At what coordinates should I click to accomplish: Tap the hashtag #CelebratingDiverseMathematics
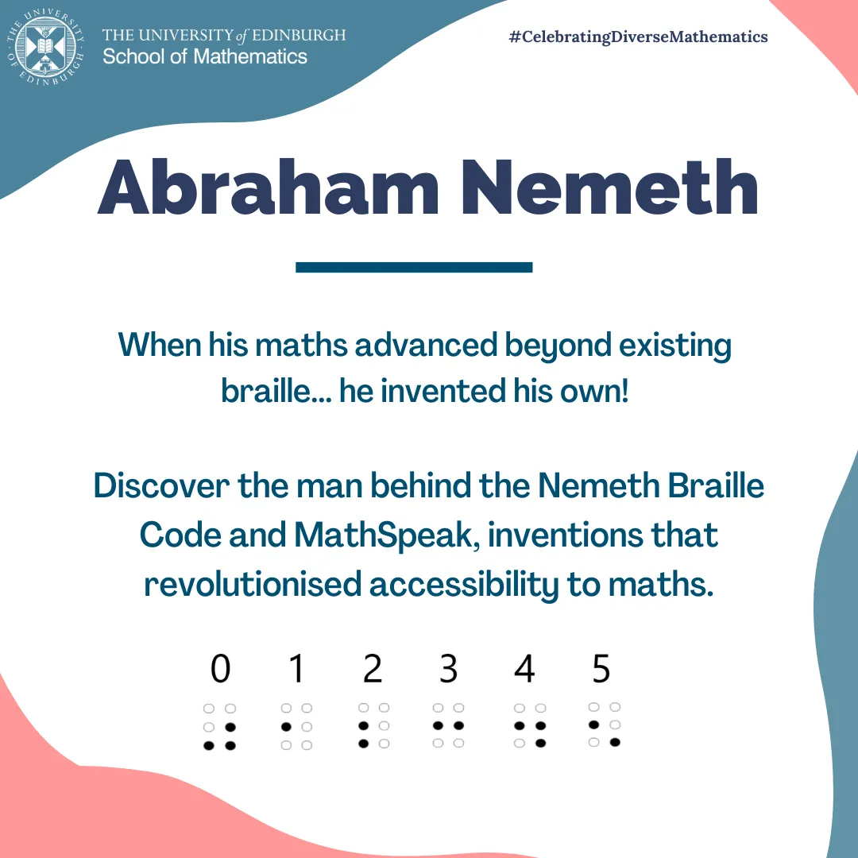tap(638, 37)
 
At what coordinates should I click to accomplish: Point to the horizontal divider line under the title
tap(413, 268)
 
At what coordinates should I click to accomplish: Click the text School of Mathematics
tap(205, 57)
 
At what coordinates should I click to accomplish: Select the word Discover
tap(160, 485)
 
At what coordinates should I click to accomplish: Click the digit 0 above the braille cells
tap(220, 670)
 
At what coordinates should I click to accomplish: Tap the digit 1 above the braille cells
tap(297, 670)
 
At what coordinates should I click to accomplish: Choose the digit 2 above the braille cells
tap(373, 670)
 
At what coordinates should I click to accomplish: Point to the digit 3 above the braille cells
tap(448, 670)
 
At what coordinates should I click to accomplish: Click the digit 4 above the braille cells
tap(524, 670)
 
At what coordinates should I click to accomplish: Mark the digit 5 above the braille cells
tap(601, 670)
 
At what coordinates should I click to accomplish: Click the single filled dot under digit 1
tap(286, 727)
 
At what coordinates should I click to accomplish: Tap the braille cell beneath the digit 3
tap(448, 725)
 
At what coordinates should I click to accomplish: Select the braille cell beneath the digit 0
tap(220, 727)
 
